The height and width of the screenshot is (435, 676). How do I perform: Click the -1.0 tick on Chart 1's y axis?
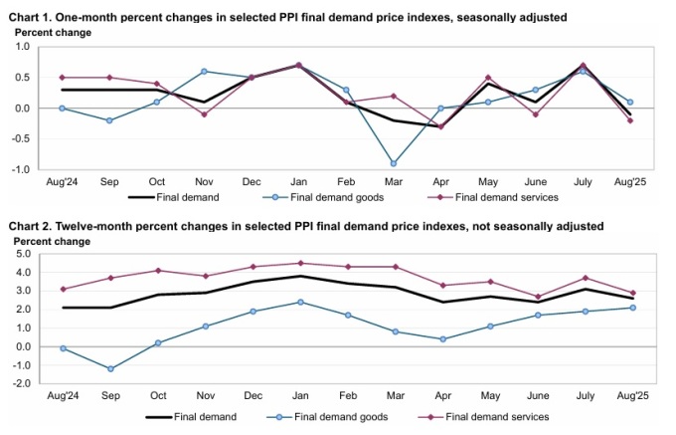21,169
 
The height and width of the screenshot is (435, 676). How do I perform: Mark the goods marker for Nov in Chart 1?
203,72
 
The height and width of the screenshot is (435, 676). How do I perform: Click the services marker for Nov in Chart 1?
203,114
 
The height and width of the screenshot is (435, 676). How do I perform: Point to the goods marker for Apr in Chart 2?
441,339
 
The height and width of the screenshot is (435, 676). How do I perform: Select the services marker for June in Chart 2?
538,297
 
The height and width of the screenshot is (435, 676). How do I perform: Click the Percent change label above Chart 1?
53,33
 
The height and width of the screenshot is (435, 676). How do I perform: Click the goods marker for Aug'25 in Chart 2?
633,308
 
